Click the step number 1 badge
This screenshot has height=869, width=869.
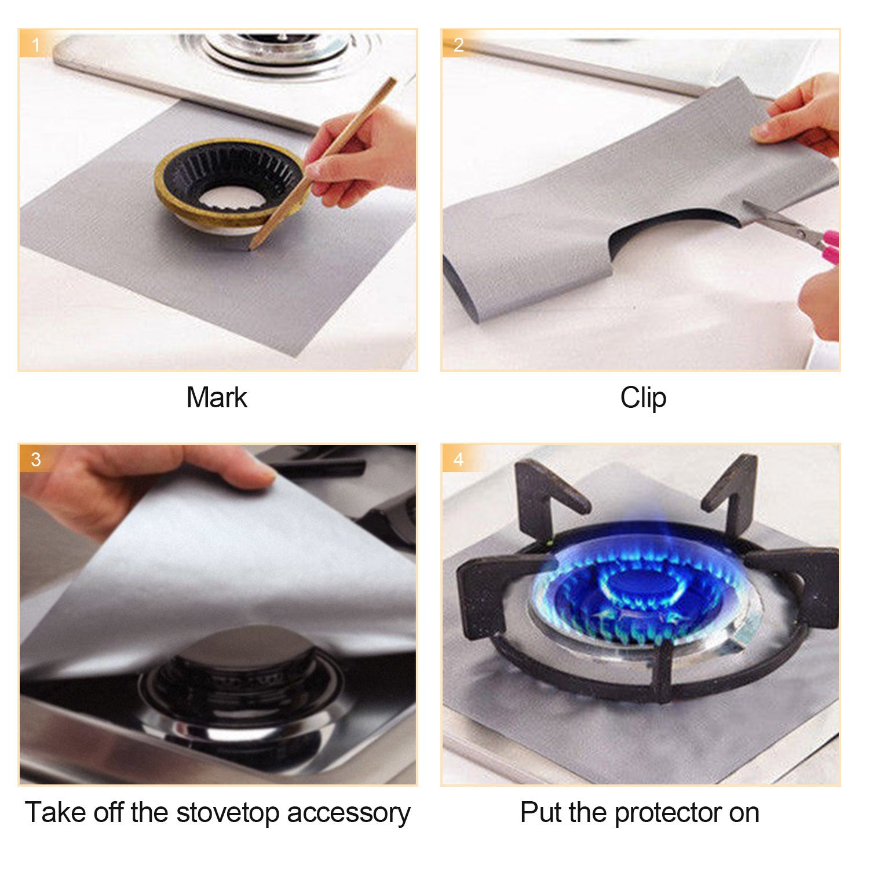36,45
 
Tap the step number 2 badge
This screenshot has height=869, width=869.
458,45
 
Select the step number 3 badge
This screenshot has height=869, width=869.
36,459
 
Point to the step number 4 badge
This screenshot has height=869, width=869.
458,459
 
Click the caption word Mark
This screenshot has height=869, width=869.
217,398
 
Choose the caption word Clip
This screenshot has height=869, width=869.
643,399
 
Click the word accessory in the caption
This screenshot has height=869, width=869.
349,813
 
